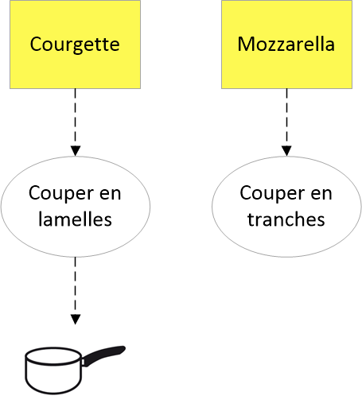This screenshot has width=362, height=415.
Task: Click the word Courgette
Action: (x=75, y=45)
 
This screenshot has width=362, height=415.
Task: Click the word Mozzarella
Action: (x=286, y=44)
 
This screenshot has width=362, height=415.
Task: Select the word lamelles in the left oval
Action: (x=75, y=219)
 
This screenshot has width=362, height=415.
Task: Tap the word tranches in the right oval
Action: (x=286, y=219)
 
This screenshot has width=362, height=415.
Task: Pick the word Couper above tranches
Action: (x=271, y=194)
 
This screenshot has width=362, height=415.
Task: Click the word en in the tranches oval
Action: (x=321, y=194)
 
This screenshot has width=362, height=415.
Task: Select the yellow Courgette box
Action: (x=75, y=45)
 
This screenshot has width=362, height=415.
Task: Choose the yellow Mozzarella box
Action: (x=286, y=45)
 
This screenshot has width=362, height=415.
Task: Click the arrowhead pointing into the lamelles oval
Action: (x=76, y=151)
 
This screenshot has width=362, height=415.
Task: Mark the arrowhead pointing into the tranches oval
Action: (x=286, y=151)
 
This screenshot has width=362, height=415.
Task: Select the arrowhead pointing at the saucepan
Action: (x=76, y=320)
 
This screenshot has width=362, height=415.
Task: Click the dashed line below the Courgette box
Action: (x=76, y=118)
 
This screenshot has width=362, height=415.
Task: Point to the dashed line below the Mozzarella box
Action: (x=286, y=118)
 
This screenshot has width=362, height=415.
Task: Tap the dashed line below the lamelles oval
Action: (x=76, y=285)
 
